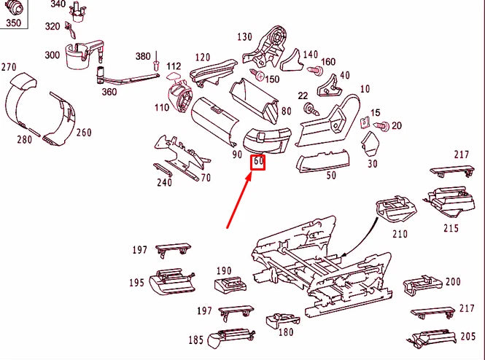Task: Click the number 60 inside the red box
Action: (x=258, y=162)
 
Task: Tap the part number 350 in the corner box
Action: (x=13, y=23)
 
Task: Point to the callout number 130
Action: (x=244, y=37)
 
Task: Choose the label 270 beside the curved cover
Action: (x=9, y=67)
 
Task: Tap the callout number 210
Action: (x=399, y=234)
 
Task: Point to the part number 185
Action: (x=196, y=340)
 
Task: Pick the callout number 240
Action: (x=165, y=182)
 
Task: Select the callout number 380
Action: (x=143, y=56)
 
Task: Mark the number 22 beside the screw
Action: (x=303, y=96)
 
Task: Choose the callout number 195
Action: (x=137, y=282)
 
